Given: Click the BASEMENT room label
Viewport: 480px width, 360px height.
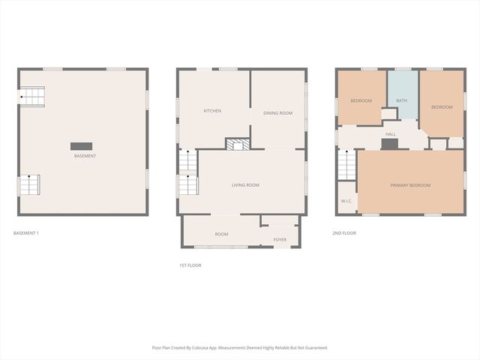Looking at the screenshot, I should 85,156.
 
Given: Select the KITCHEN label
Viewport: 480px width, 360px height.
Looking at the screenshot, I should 212,111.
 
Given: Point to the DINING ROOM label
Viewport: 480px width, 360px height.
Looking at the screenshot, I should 277,113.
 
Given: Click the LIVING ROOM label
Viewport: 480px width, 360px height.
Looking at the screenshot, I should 245,184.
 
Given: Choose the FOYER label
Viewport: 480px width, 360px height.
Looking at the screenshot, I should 280,240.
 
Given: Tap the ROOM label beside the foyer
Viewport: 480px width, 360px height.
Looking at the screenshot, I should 221,234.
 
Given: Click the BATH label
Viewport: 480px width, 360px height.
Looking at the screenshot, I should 402,100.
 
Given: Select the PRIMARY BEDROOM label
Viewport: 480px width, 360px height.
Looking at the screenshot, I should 410,184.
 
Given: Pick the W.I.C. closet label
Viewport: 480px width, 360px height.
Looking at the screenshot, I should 346,201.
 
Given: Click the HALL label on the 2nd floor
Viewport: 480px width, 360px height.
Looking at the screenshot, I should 391,134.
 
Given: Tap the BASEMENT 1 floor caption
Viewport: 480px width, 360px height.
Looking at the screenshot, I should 26,233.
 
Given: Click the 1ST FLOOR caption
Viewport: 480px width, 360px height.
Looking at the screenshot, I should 190,265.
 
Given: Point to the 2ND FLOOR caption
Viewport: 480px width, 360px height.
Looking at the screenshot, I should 344,233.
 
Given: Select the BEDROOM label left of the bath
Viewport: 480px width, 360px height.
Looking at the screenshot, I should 361,100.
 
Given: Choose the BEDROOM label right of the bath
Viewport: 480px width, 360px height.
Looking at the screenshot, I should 442,107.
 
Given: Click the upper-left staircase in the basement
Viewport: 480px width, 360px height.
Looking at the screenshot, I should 32,96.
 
